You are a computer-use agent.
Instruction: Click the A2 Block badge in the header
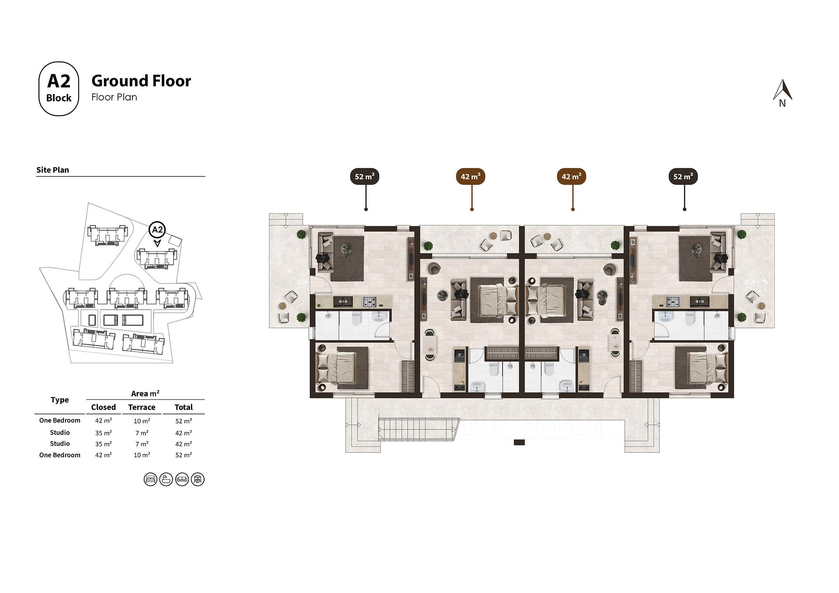point(59,89)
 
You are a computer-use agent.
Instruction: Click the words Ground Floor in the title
point(141,81)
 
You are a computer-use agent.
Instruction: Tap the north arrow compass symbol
point(783,93)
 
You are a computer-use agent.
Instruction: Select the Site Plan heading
point(52,170)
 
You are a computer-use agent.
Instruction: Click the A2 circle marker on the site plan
point(157,229)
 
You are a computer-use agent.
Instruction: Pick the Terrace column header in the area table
point(142,407)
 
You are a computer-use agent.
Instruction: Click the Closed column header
point(104,407)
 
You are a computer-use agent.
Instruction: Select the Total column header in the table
point(184,407)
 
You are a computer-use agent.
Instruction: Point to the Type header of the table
point(60,400)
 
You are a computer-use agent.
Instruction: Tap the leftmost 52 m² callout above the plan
point(364,177)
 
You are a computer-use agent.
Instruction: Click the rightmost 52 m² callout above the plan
point(683,177)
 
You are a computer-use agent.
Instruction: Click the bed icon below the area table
point(150,479)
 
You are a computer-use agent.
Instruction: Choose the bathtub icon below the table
point(166,479)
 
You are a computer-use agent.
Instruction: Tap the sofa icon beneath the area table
point(182,479)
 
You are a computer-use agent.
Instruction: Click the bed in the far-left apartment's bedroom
point(337,368)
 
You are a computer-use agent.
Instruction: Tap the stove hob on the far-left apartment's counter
point(369,301)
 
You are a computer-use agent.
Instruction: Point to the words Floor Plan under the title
point(114,97)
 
